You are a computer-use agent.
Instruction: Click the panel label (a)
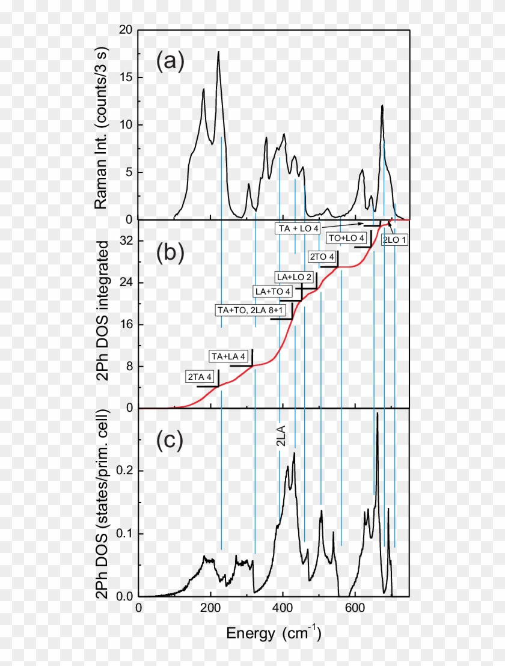click(x=170, y=61)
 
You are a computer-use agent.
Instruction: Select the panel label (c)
click(x=170, y=440)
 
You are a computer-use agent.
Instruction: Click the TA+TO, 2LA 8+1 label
click(x=254, y=310)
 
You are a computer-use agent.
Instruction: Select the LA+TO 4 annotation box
click(x=273, y=292)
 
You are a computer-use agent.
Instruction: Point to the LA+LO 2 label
click(x=294, y=277)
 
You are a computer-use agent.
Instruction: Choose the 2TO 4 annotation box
click(x=321, y=257)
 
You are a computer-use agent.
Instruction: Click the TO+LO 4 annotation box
click(x=346, y=238)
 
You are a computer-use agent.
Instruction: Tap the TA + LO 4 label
click(x=299, y=228)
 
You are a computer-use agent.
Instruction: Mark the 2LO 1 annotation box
click(x=395, y=239)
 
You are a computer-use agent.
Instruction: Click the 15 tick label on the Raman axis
click(x=126, y=78)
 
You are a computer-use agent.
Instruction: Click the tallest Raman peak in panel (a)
click(x=218, y=52)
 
